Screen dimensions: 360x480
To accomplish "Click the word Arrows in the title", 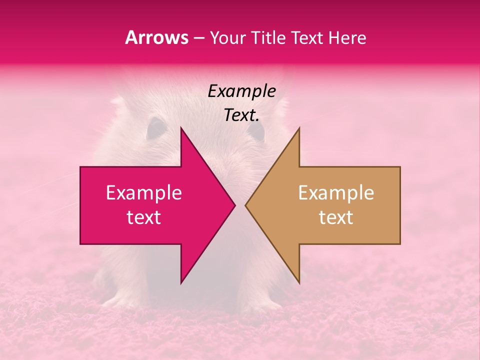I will pyautogui.click(x=156, y=37).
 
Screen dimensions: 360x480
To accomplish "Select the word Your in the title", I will pyautogui.click(x=227, y=37).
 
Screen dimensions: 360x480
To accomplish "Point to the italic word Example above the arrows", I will pyautogui.click(x=242, y=91).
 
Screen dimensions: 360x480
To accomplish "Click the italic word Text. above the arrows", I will pyautogui.click(x=242, y=115).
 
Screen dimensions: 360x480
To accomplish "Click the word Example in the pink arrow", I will pyautogui.click(x=144, y=192).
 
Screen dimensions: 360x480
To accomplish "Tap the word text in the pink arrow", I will pyautogui.click(x=144, y=217).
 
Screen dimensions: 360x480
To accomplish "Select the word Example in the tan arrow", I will pyautogui.click(x=336, y=192).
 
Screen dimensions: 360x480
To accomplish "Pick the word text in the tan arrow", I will pyautogui.click(x=336, y=217).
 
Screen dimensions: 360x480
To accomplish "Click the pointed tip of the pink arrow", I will pyautogui.click(x=234, y=205).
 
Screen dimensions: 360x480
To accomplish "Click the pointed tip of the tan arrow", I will pyautogui.click(x=246, y=205).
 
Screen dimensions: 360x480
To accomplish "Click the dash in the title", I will pyautogui.click(x=198, y=37).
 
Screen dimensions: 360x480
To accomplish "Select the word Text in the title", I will pyautogui.click(x=308, y=37).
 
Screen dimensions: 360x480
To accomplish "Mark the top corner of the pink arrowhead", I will pyautogui.click(x=181, y=128).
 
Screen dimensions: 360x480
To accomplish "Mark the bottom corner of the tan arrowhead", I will pyautogui.click(x=299, y=283).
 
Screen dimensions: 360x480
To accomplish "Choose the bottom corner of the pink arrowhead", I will pyautogui.click(x=181, y=283).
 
